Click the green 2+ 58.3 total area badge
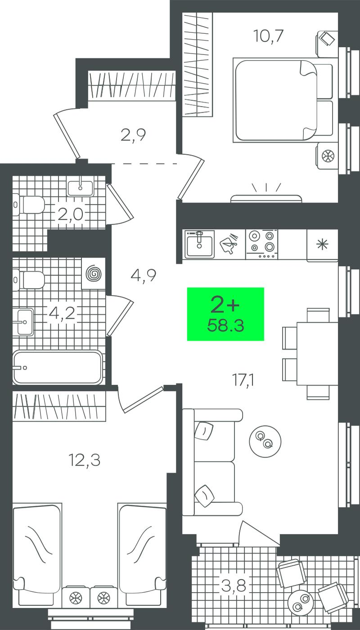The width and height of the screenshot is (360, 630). [225, 314]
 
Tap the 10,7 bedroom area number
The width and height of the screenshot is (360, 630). [268, 36]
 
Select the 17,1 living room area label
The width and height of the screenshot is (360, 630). [243, 380]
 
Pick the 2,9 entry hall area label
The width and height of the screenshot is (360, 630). [133, 135]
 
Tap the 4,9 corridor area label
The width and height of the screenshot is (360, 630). [144, 275]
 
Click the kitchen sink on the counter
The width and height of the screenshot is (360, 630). [199, 244]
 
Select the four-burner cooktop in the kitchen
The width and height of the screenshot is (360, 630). [262, 244]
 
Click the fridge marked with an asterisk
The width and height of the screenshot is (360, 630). [322, 245]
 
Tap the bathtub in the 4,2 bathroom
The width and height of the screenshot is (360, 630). [58, 367]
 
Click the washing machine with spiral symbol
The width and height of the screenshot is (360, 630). [94, 273]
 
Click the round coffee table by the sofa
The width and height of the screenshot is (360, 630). [265, 441]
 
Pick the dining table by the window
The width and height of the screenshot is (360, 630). [318, 354]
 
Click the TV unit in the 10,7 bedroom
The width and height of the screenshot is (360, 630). [266, 198]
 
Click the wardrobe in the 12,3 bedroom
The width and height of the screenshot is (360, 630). [59, 406]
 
